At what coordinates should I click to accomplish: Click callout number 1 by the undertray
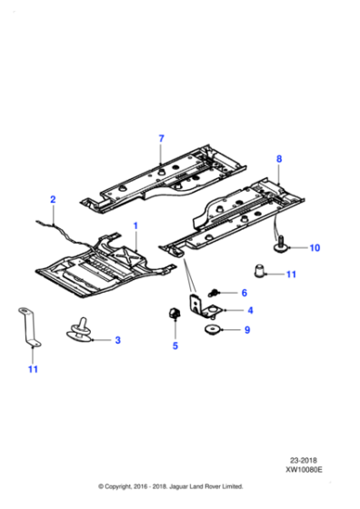(x=136, y=224)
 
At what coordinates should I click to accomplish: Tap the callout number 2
(x=53, y=199)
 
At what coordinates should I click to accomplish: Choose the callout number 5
(x=175, y=346)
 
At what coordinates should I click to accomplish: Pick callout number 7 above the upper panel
(x=161, y=138)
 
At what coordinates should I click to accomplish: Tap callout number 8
(x=279, y=159)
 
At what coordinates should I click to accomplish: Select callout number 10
(x=315, y=247)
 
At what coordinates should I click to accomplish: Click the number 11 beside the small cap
(x=292, y=274)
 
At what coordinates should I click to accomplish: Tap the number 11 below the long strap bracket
(x=33, y=369)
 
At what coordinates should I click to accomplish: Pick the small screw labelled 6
(x=215, y=292)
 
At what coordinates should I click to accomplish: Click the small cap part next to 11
(x=259, y=270)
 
